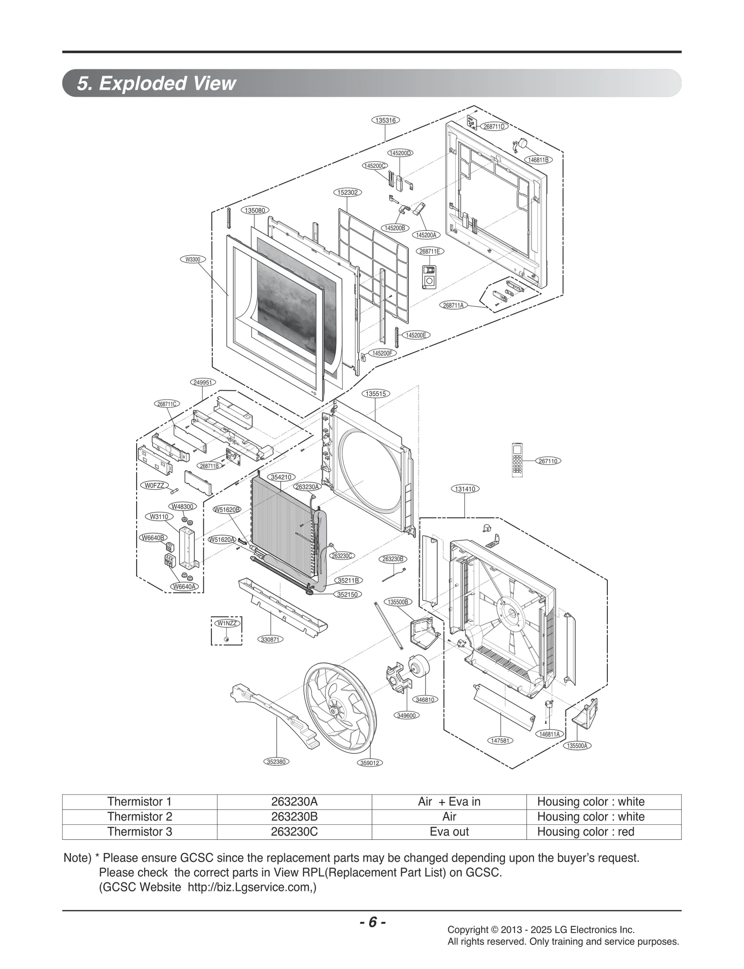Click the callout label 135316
point(385,120)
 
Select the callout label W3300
point(193,259)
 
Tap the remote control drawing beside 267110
point(517,459)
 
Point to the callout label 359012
point(370,763)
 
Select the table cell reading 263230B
point(294,816)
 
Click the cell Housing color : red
point(585,831)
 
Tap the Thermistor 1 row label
point(139,802)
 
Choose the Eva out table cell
point(449,831)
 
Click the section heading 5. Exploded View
point(157,83)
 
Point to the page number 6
point(372,922)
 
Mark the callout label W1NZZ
point(227,623)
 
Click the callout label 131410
point(465,489)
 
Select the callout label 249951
point(203,382)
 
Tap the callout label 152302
point(348,192)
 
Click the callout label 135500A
point(578,746)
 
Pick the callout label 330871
point(270,639)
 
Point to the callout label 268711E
point(429,252)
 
